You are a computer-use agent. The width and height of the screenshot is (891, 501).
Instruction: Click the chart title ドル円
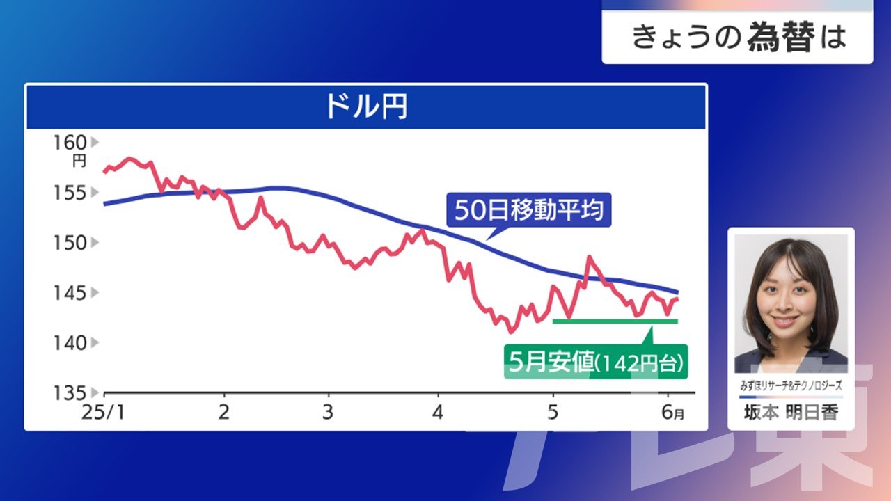(366, 106)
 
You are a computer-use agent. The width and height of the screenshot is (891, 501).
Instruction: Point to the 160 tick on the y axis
(70, 143)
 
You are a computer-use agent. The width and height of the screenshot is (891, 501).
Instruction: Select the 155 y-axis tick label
(70, 193)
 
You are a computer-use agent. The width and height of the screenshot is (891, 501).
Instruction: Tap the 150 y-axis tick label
(70, 243)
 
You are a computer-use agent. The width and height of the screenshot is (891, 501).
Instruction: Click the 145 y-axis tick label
(70, 293)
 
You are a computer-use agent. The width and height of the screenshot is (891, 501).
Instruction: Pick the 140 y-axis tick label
(70, 343)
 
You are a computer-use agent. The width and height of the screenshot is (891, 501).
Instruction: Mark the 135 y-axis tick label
(70, 393)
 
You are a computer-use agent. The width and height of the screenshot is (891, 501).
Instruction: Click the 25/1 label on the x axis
(104, 413)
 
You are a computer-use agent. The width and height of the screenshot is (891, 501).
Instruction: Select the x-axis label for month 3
(328, 413)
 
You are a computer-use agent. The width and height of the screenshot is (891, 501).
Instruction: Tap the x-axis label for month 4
(438, 413)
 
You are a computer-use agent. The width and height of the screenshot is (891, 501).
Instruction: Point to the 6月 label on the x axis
(673, 413)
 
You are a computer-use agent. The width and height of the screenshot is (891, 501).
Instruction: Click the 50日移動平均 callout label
(529, 210)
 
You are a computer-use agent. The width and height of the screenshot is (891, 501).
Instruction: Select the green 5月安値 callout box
(596, 361)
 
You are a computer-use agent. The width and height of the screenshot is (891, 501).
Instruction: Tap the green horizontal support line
(615, 321)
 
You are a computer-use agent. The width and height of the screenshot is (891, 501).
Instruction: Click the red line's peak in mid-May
(589, 257)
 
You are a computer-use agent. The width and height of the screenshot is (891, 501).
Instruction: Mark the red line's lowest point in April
(511, 331)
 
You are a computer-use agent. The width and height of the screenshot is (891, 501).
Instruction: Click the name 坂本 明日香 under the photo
(791, 413)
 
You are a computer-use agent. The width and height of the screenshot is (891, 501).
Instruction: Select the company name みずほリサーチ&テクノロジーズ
(791, 385)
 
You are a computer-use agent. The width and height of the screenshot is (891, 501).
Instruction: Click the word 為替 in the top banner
(781, 37)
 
